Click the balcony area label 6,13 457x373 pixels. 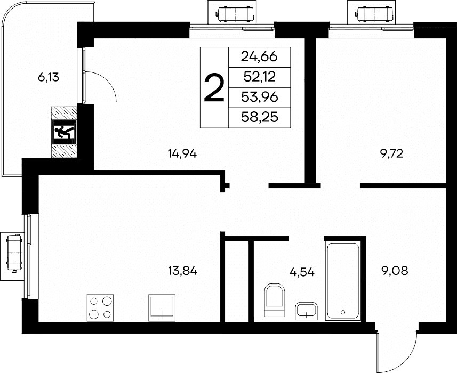pos(49,77)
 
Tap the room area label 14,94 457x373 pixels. pos(182,153)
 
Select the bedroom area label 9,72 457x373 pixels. pos(391,153)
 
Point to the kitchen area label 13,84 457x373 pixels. pos(183,271)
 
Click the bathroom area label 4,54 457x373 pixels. pos(302,272)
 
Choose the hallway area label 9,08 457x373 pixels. pos(395,271)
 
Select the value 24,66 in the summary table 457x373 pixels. pos(259,57)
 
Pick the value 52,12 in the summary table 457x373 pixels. pos(259,77)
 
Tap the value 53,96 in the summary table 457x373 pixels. pos(259,98)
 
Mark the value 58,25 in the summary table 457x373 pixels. pos(259,117)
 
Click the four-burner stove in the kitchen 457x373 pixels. pos(100,308)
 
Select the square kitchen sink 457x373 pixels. pos(162,307)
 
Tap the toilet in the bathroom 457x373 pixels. pos(274,300)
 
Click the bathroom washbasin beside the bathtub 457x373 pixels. pos(306,311)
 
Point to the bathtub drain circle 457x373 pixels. pos(343,312)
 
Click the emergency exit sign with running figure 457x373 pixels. pos(64,133)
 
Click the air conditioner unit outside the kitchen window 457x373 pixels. pos(14,253)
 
